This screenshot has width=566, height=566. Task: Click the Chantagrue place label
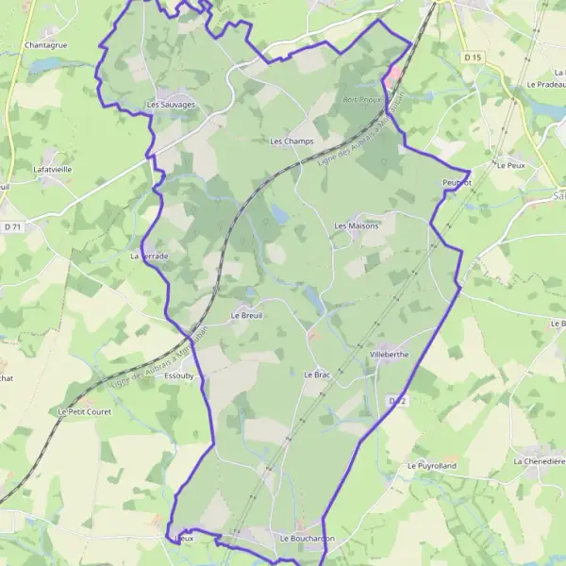44,44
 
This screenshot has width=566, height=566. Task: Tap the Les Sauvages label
171,105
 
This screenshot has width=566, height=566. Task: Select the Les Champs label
291,141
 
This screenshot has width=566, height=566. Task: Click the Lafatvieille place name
52,169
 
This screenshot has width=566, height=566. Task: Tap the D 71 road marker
12,227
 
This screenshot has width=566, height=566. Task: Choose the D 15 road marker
473,58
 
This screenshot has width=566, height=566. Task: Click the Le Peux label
509,164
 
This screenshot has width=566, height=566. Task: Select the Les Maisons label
357,226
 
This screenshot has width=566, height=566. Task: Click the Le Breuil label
244,315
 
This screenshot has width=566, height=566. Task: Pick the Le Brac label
316,375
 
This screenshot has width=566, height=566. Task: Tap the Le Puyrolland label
431,466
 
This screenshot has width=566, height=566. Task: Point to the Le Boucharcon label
308,538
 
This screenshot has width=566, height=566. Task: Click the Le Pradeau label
545,84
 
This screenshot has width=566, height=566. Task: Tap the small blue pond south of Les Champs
279,214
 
